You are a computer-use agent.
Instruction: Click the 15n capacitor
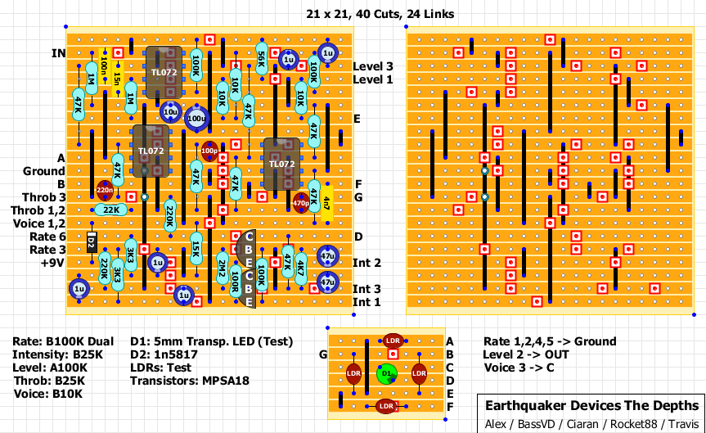click(x=117, y=79)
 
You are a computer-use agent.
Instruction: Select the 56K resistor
click(x=261, y=59)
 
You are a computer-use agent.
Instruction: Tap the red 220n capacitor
click(x=105, y=190)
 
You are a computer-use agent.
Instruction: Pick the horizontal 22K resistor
click(x=110, y=210)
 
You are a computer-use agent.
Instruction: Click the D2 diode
click(x=91, y=241)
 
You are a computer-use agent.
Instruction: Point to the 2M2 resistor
click(x=222, y=268)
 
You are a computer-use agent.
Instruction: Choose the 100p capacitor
click(x=209, y=151)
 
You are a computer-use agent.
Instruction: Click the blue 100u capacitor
click(x=196, y=119)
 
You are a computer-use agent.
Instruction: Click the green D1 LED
click(x=386, y=373)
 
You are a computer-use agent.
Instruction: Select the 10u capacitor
click(x=170, y=111)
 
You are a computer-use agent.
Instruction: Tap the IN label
click(x=58, y=53)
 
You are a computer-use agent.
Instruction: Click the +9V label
click(x=52, y=264)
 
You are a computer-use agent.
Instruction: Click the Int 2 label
click(x=366, y=263)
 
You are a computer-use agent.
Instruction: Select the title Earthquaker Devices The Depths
click(x=592, y=406)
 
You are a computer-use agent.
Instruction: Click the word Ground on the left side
click(x=43, y=171)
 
